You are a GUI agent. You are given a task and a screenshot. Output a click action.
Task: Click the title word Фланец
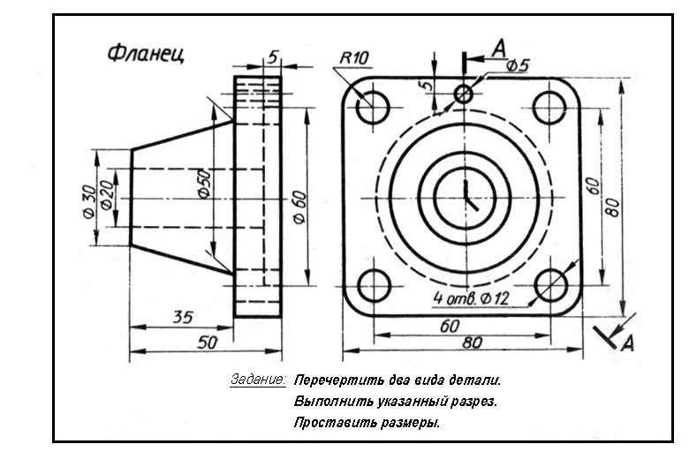146,54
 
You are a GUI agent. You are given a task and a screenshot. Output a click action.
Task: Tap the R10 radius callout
354,58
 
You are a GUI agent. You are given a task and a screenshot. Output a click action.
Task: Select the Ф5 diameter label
518,65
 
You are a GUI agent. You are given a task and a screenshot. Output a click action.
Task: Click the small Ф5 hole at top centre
463,94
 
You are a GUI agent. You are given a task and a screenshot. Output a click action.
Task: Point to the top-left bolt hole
373,108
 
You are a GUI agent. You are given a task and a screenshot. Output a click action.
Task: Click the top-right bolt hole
549,108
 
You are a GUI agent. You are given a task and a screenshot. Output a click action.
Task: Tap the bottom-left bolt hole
375,286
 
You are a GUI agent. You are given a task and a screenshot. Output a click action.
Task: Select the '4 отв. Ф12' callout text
471,298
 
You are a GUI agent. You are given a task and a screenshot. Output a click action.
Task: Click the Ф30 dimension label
88,201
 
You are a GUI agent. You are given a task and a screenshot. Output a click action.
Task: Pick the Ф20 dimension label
106,195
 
